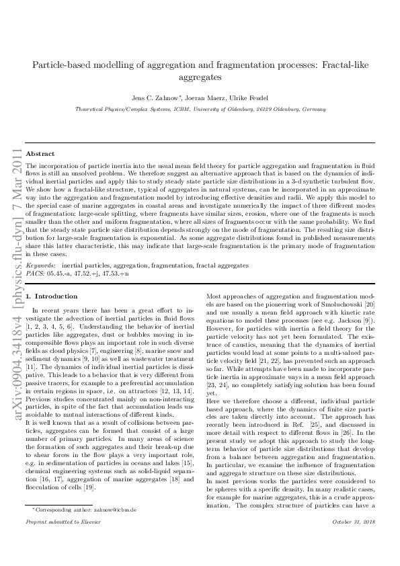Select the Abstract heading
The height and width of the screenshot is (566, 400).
40,153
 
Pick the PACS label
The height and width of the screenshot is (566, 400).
34,274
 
